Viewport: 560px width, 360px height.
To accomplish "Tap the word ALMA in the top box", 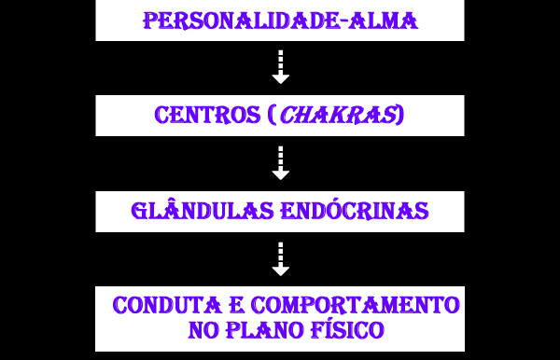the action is click(x=384, y=21).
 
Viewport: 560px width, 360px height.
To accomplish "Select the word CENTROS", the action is click(x=207, y=115).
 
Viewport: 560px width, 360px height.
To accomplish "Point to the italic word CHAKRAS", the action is click(x=339, y=115).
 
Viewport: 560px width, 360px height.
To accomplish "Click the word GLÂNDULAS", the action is click(x=203, y=211).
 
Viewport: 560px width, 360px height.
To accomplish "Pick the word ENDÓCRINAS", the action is click(x=355, y=211).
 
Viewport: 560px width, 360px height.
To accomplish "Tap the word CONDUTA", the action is click(x=167, y=305).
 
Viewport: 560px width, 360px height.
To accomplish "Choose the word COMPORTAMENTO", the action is click(x=356, y=305).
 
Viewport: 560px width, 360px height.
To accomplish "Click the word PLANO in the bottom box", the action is click(x=264, y=330).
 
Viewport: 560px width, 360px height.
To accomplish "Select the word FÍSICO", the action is click(x=347, y=329).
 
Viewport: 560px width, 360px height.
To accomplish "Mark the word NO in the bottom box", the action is click(x=203, y=330).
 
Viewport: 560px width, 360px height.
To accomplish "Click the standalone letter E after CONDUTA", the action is click(x=236, y=305).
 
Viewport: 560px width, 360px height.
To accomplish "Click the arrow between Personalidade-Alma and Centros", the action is click(x=281, y=67).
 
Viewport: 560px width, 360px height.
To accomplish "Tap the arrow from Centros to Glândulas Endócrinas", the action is click(x=281, y=163).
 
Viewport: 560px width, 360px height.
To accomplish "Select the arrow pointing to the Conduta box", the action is click(x=281, y=259).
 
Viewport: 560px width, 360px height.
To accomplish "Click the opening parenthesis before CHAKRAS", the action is click(x=273, y=115).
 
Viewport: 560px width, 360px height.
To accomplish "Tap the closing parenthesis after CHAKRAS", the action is click(x=400, y=115).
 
